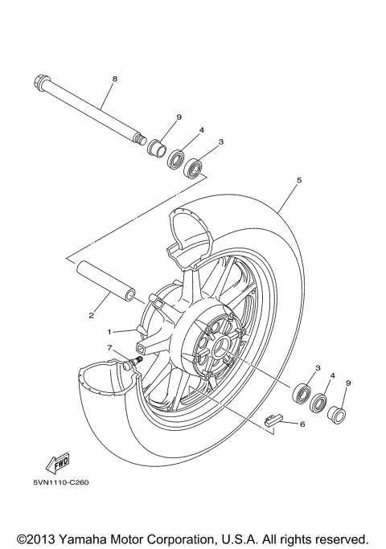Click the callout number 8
pos(115,79)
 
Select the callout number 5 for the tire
pos(298,181)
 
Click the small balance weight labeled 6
pos(273,416)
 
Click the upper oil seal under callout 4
pos(178,158)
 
